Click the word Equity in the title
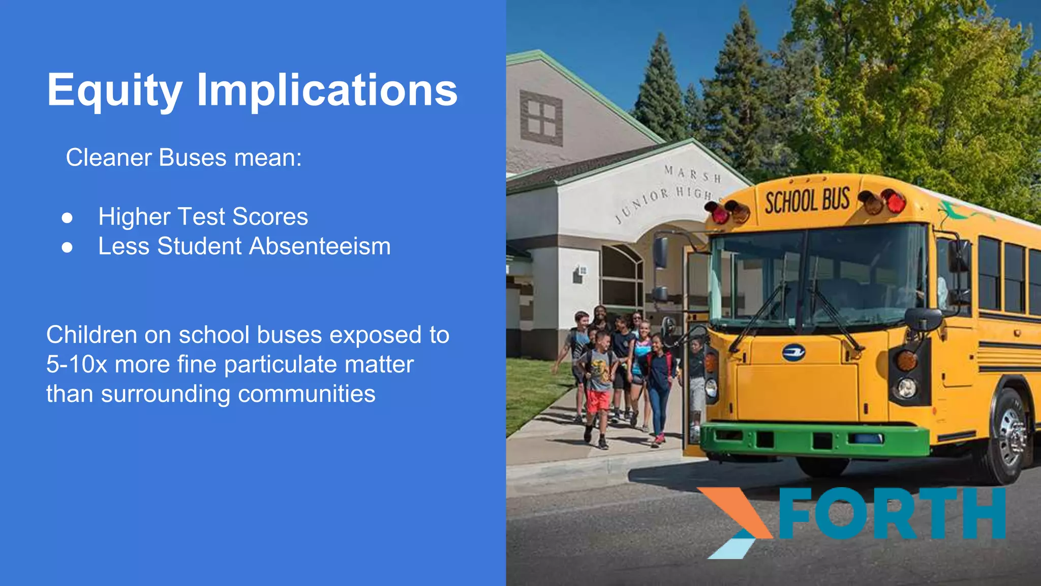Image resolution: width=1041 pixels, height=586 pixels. click(114, 91)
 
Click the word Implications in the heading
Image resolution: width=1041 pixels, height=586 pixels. click(327, 91)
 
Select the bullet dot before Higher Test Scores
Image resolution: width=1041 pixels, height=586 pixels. click(67, 218)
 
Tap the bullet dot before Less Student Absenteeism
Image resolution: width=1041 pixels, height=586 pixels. click(67, 247)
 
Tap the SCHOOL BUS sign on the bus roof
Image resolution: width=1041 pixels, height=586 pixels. click(807, 200)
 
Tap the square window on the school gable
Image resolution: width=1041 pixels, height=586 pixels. click(541, 118)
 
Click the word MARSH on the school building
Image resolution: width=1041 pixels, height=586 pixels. click(692, 174)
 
